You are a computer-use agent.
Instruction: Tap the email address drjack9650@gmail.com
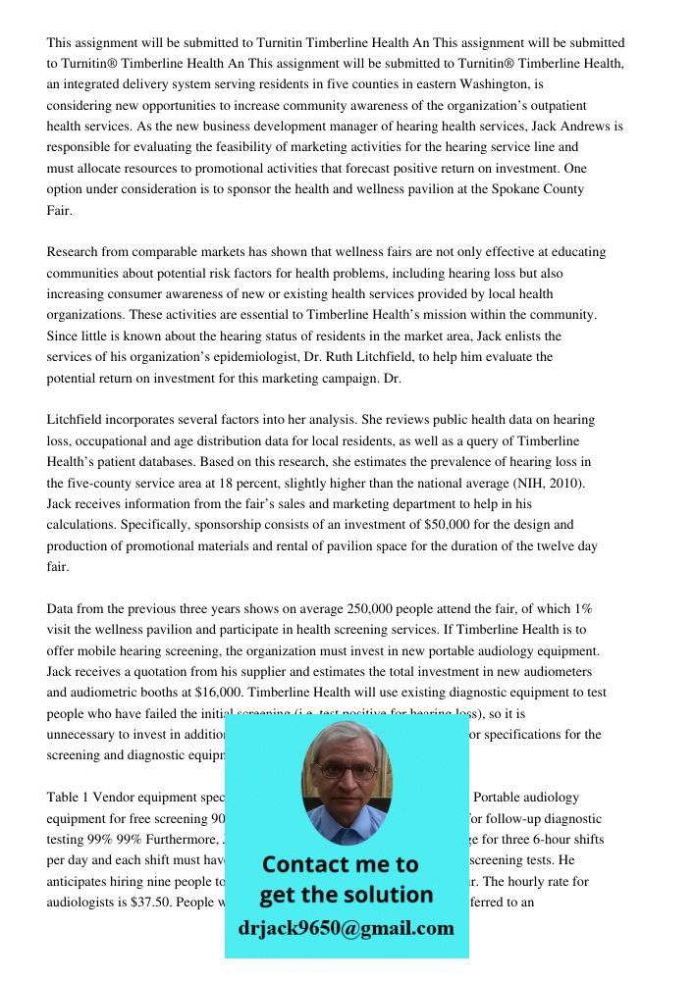click(x=346, y=928)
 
